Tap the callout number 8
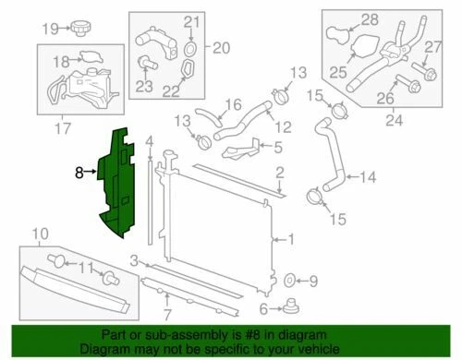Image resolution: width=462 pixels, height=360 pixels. click(79, 171)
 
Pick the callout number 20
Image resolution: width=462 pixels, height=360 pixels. click(221, 46)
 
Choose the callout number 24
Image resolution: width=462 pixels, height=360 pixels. click(395, 117)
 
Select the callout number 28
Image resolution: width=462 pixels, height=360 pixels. click(370, 18)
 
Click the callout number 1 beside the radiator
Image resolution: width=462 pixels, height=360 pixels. click(291, 239)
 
